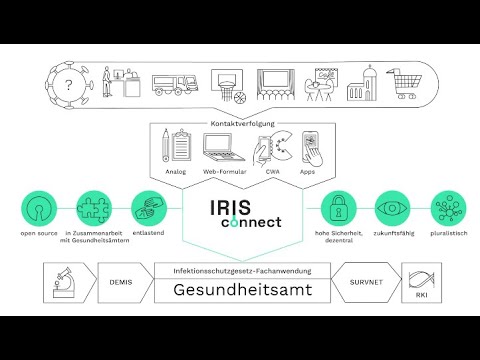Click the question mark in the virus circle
coord(67,86)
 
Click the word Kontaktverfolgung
coord(240,123)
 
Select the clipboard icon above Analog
coord(179,146)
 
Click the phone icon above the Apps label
coord(310,147)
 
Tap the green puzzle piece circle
coord(93,212)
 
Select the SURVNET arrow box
coord(361,283)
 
